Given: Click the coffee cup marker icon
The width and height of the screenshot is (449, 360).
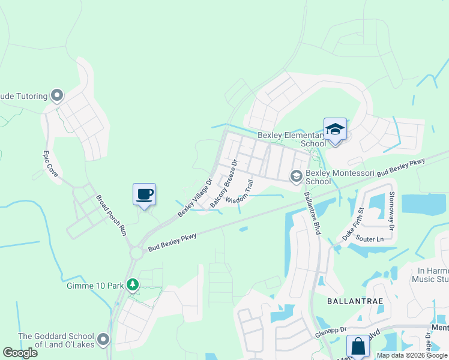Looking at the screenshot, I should click(144, 195).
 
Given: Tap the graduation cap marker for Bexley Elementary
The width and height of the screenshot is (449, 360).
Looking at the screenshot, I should click(335, 130).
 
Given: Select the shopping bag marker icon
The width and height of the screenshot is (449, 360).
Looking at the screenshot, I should click(358, 347).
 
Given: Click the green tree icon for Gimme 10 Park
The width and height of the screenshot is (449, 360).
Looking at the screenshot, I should click(133, 285).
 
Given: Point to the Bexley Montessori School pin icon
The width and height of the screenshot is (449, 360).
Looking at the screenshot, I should click(296, 176).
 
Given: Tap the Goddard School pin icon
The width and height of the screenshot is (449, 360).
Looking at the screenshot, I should click(103, 340).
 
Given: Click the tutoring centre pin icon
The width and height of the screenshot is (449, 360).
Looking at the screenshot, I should click(58, 95).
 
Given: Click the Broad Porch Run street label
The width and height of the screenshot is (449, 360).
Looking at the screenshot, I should click(113, 214).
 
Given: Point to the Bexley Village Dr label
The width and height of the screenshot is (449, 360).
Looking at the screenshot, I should click(195, 197).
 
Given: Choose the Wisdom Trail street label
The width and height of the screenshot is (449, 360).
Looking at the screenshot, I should click(240, 191).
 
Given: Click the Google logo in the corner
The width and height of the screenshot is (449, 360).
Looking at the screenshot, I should click(20, 352).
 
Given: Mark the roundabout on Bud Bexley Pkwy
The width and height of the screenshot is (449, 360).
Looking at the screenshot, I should click(136, 252).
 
